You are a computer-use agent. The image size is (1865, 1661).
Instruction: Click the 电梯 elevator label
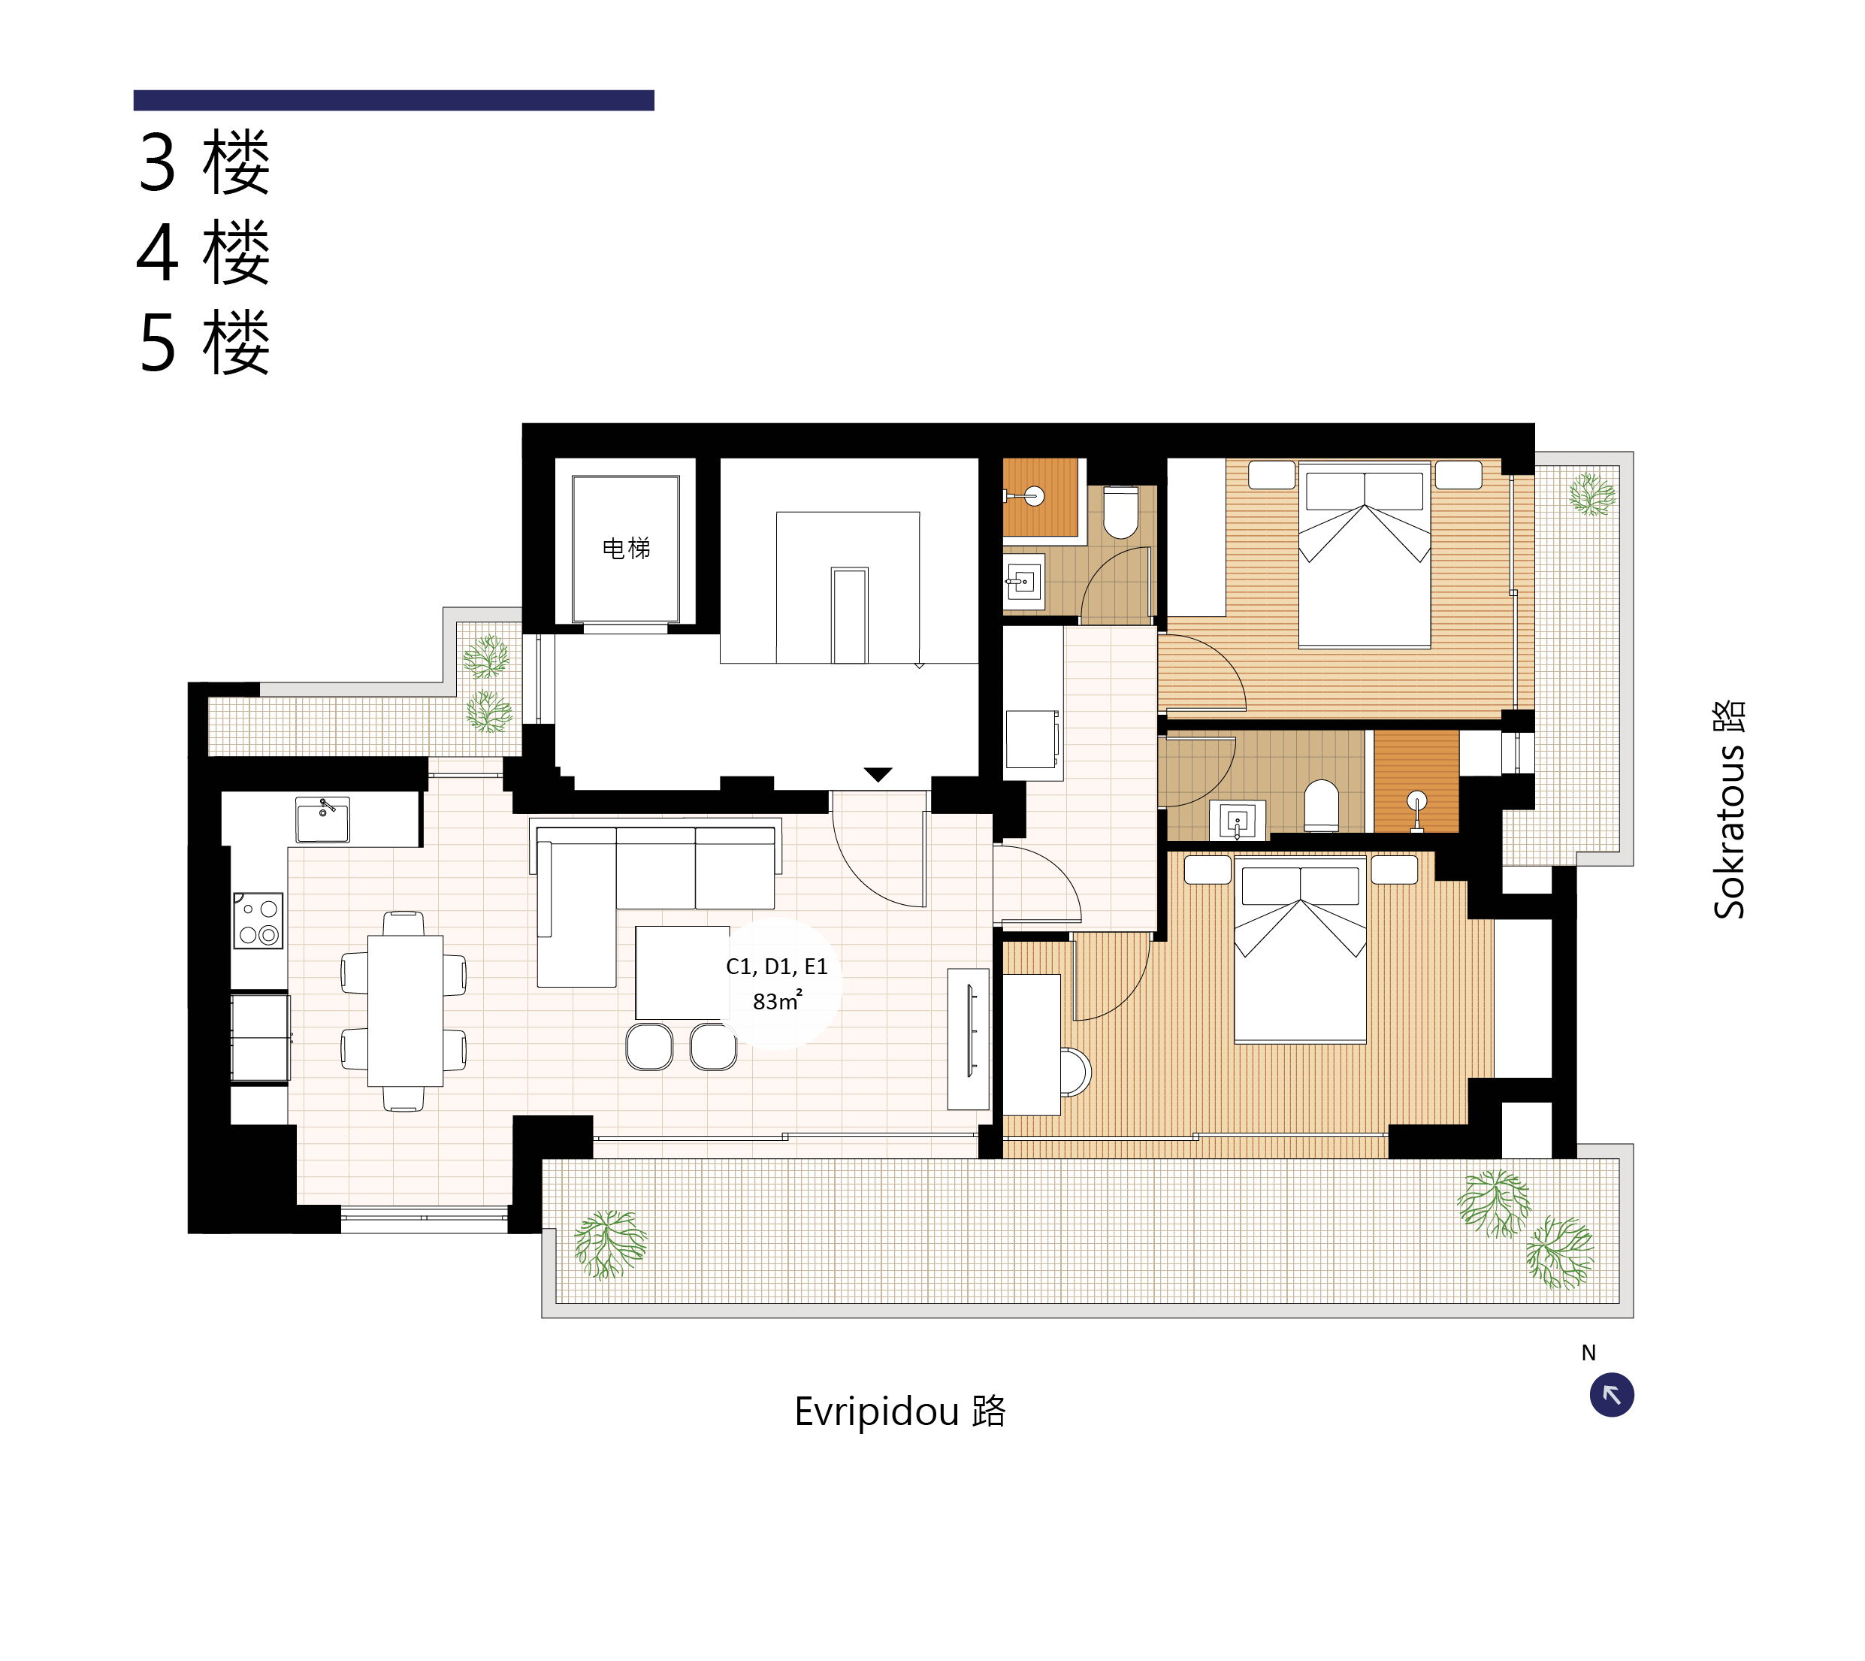coord(626,549)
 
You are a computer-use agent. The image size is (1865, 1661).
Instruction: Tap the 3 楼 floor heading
coord(204,162)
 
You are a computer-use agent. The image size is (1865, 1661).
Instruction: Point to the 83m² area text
coord(778,1000)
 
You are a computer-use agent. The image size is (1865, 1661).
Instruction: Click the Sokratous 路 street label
coord(1728,809)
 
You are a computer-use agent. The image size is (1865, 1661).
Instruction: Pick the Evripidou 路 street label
coord(899,1411)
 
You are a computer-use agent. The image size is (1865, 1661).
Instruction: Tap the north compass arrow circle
coord(1611,1394)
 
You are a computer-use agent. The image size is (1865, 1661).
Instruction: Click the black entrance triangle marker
coord(878,775)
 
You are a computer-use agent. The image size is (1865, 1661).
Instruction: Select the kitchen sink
coord(322,819)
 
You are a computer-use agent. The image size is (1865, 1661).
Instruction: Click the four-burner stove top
coord(258,920)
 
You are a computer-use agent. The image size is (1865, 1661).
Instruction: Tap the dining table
coord(405,1010)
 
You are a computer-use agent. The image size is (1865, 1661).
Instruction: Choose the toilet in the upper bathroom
coord(1120,512)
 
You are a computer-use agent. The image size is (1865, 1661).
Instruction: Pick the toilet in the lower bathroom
coord(1321,806)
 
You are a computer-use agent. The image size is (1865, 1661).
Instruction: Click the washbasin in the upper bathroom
coord(1023,580)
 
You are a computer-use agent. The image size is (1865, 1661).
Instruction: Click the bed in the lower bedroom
coord(1300,950)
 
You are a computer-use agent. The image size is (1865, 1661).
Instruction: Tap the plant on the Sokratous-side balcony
coord(1592,494)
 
